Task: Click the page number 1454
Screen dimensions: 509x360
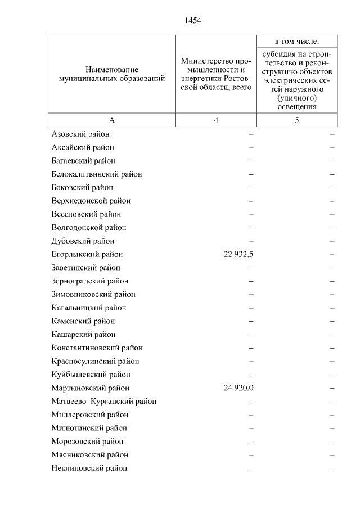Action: (x=192, y=21)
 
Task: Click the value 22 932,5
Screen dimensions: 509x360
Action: (x=238, y=254)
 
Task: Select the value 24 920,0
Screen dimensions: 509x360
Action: (x=238, y=388)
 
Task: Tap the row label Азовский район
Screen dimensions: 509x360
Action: (x=80, y=134)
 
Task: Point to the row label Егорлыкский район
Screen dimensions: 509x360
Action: (x=87, y=254)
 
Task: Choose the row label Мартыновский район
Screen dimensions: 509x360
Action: (x=90, y=388)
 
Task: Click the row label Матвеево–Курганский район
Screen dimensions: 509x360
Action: (x=103, y=402)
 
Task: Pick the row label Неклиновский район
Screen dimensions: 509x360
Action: (x=89, y=468)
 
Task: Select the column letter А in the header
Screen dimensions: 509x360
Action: (x=111, y=120)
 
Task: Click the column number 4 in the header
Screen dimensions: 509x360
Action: (x=216, y=120)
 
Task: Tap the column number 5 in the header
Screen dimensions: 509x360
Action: (x=297, y=120)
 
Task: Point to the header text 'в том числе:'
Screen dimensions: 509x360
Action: (x=297, y=42)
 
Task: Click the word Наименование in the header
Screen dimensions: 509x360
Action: (x=112, y=69)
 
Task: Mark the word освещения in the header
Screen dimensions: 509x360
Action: (x=297, y=106)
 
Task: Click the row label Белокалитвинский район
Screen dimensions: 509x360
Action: (x=96, y=174)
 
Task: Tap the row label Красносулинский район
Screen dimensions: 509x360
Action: (x=95, y=361)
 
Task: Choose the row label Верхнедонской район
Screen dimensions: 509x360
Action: (x=91, y=201)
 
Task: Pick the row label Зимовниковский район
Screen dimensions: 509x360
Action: (x=93, y=294)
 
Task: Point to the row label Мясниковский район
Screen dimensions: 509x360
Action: (x=89, y=454)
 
